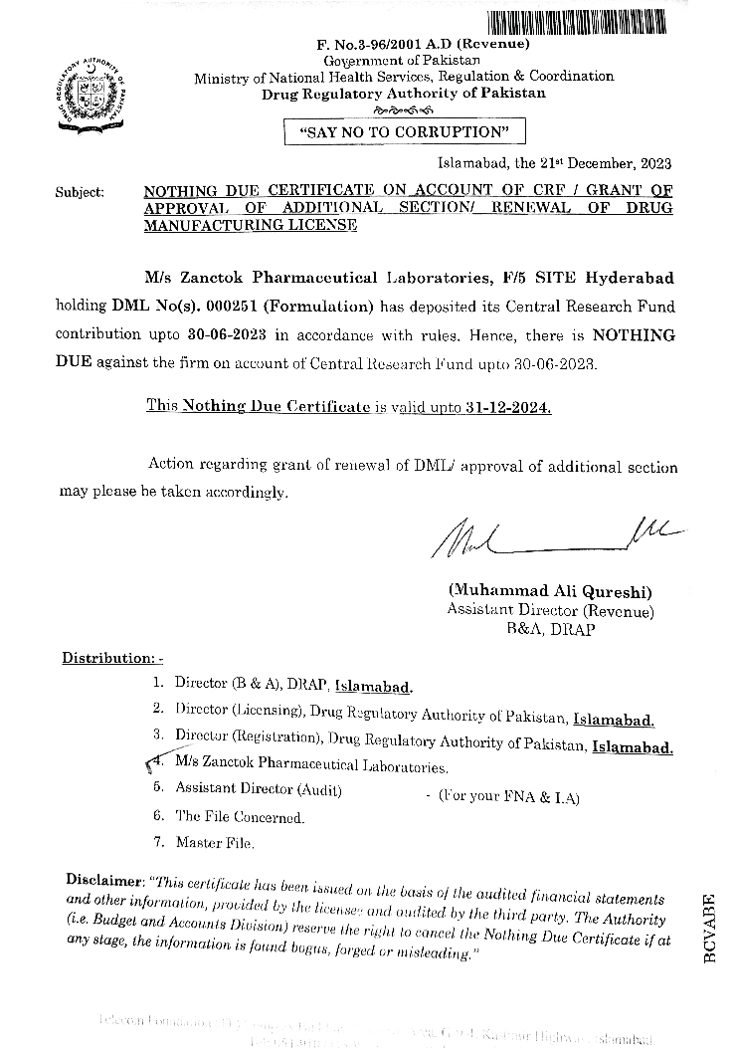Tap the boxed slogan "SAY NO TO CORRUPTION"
[405, 131]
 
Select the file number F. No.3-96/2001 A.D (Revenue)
[409, 45]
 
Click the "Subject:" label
[80, 192]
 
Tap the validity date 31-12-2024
[514, 407]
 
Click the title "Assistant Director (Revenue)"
[550, 611]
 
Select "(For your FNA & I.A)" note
[501, 797]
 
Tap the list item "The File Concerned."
[240, 817]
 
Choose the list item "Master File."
[215, 843]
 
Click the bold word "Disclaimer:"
[103, 880]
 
